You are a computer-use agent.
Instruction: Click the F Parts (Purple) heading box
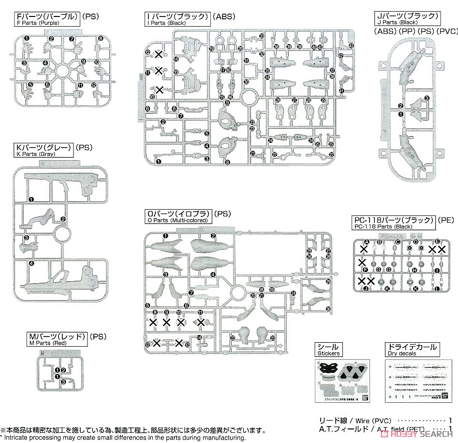point(46,19)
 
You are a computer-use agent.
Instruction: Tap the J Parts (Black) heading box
point(407,19)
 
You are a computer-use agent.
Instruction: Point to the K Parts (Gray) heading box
point(44,150)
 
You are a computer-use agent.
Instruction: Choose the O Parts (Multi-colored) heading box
point(178,216)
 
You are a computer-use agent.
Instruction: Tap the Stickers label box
point(328,350)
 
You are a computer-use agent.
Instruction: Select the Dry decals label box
point(412,350)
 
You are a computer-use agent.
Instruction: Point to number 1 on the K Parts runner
point(31,199)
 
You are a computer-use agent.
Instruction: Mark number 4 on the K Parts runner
point(31,263)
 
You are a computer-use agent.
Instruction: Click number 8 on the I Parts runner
point(227,163)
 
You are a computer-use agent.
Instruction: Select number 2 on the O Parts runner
point(213,236)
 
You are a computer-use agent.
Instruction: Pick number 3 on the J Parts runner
point(427,98)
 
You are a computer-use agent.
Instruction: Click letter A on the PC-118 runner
point(366,242)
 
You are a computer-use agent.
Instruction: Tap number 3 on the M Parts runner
point(62,382)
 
